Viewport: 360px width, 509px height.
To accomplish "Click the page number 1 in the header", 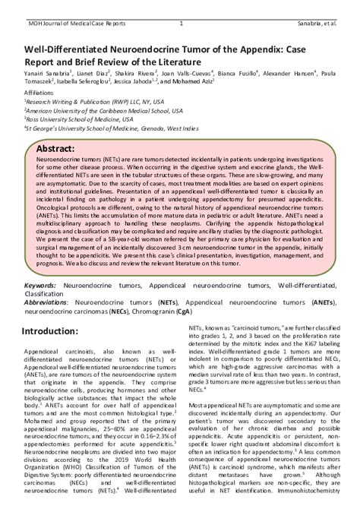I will tap(181, 5).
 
